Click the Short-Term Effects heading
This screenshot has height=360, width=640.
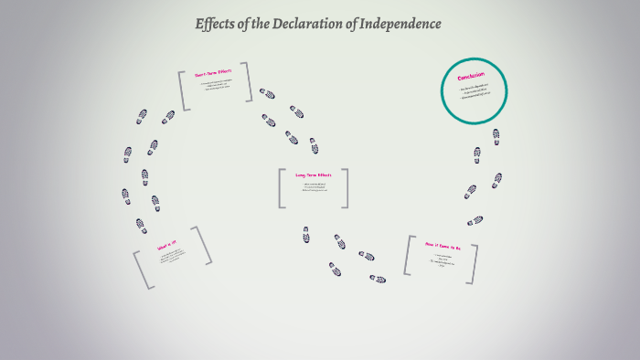[x=214, y=74]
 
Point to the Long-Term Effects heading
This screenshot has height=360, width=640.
[x=314, y=174]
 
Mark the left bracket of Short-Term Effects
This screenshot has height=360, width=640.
[x=184, y=90]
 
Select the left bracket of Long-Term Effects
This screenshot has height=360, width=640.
[x=283, y=188]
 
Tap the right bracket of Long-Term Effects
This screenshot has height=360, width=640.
[x=347, y=188]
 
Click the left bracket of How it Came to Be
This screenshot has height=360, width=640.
[x=408, y=255]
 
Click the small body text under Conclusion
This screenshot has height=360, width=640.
[x=475, y=91]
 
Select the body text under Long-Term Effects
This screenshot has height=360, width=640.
[x=315, y=188]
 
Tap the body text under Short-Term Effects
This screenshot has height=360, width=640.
[x=216, y=87]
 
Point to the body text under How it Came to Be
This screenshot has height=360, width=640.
[x=443, y=260]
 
